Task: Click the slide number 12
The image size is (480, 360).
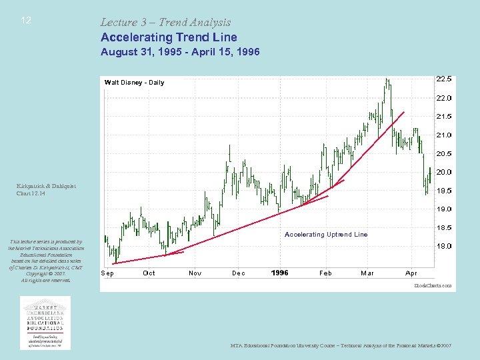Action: [26, 21]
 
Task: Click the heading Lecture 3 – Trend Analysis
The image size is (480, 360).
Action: [165, 22]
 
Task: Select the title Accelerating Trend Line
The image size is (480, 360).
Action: [169, 37]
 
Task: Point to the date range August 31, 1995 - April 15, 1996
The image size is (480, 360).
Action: [179, 51]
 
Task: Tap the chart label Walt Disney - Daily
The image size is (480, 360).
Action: [134, 83]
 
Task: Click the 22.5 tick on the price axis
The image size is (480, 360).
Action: [443, 79]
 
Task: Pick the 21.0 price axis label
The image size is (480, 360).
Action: [443, 135]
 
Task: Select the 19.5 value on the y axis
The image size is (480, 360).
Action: [443, 190]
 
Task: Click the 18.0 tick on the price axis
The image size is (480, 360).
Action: [443, 246]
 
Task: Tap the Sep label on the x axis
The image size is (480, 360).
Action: [107, 273]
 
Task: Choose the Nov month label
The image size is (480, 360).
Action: [195, 273]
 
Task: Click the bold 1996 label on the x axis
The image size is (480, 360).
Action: [280, 273]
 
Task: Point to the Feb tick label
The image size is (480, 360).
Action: [325, 273]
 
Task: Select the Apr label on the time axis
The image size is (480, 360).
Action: [411, 273]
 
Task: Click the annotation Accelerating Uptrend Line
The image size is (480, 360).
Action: [326, 235]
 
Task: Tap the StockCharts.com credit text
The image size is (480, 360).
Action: [433, 285]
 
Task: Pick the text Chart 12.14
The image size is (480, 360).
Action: [31, 193]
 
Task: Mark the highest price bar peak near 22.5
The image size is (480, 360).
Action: [387, 79]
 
